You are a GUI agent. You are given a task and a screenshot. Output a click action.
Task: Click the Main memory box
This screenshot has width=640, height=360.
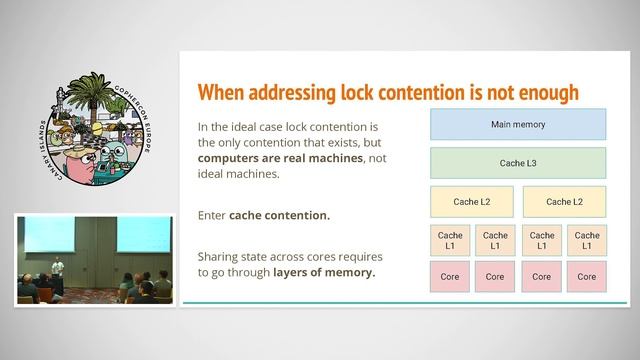click(x=518, y=125)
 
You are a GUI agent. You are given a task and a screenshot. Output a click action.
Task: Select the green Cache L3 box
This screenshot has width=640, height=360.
click(x=518, y=163)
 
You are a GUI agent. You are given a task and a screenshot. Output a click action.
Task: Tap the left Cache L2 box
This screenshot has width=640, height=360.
click(x=471, y=202)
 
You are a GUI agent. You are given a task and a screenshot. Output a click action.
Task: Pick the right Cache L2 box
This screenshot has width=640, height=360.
click(x=564, y=202)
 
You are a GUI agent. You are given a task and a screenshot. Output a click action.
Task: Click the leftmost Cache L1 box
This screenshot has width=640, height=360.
click(x=448, y=241)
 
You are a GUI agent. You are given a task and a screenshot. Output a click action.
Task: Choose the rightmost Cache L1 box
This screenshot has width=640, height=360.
click(x=588, y=241)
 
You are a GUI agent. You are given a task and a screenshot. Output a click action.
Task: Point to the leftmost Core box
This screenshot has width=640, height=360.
click(x=448, y=276)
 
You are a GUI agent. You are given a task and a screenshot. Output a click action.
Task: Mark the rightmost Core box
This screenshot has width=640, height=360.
click(x=588, y=276)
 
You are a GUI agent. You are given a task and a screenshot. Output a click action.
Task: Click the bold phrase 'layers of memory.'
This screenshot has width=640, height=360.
click(x=325, y=271)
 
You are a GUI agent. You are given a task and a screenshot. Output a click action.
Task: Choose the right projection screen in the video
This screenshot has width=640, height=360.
click(x=142, y=236)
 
